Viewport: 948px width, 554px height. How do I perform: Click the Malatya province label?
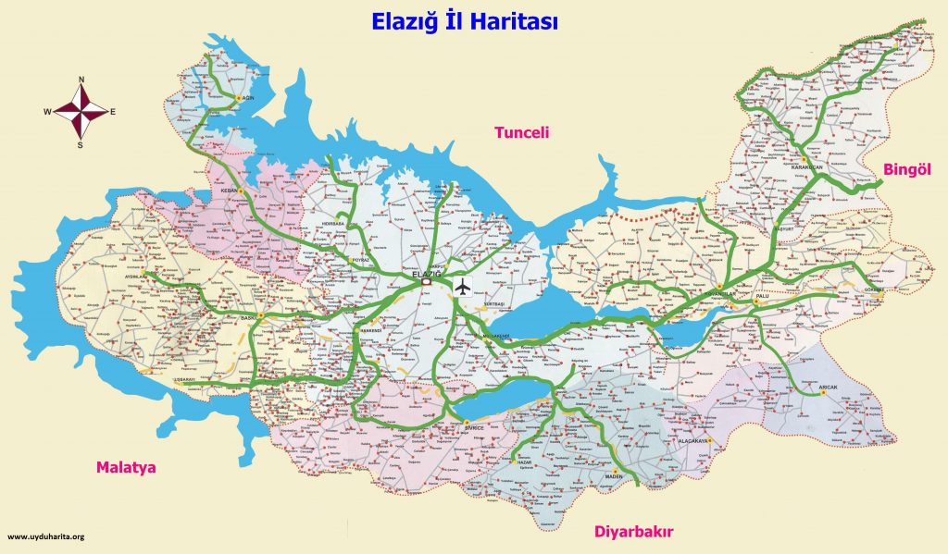point(126,468)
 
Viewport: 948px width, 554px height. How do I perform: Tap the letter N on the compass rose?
point(81,80)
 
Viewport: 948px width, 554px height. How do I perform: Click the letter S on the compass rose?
point(81,144)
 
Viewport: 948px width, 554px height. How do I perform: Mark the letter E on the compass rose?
point(113,112)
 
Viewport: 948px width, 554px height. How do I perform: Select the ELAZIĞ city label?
point(427,276)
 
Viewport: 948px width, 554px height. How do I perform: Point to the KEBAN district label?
point(230,191)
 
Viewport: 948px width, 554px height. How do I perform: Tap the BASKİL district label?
point(249,317)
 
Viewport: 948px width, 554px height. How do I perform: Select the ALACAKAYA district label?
point(692,442)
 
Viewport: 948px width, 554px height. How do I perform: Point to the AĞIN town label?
point(246,97)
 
